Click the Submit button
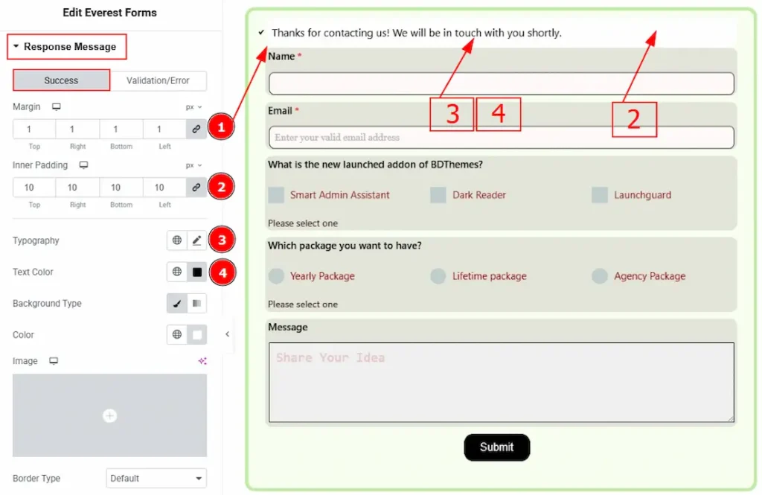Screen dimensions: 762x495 click(x=496, y=447)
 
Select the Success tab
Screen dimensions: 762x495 click(x=61, y=80)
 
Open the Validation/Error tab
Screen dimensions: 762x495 click(x=158, y=80)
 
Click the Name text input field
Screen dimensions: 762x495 click(x=501, y=83)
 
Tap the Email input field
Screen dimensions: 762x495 click(x=501, y=138)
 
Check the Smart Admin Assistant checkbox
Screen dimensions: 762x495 click(x=276, y=195)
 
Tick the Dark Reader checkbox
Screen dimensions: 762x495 click(x=438, y=195)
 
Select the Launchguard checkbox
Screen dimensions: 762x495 click(x=599, y=195)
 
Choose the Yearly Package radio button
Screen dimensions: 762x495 click(x=276, y=276)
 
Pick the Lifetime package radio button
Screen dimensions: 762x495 click(x=438, y=276)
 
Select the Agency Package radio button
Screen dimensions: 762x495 click(x=599, y=276)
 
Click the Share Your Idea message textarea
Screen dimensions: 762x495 click(x=501, y=382)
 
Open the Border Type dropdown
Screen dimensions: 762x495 click(x=156, y=479)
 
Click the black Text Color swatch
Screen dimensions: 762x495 click(x=196, y=272)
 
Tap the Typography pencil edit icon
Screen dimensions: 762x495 click(x=196, y=240)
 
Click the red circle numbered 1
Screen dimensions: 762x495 click(x=221, y=127)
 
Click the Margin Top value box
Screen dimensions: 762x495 click(x=34, y=130)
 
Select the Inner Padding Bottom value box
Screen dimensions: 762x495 click(x=121, y=188)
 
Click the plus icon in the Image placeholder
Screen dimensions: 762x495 click(x=110, y=416)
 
